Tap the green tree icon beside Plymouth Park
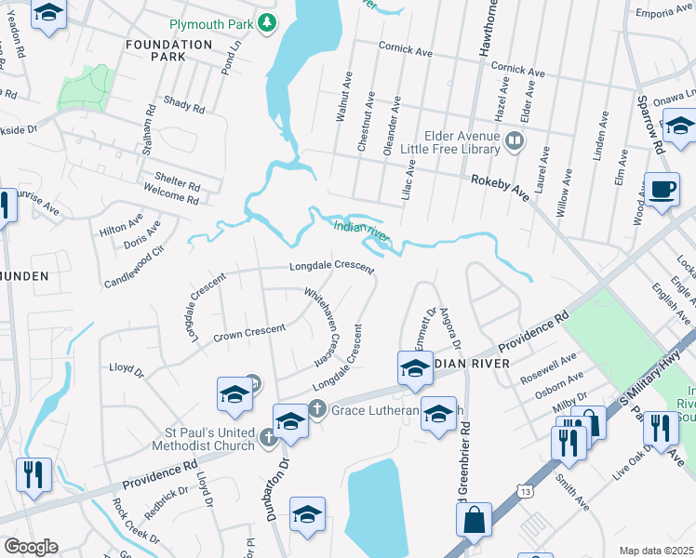pyautogui.click(x=267, y=22)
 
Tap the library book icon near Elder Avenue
pyautogui.click(x=515, y=141)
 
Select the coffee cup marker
pyautogui.click(x=663, y=190)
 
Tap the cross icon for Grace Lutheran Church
pyautogui.click(x=316, y=407)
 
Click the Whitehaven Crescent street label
pyautogui.click(x=322, y=325)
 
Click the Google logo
pyautogui.click(x=30, y=547)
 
